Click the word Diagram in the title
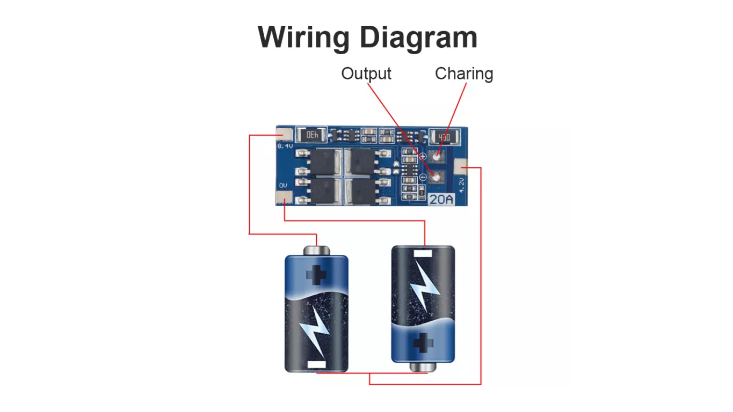[418, 38]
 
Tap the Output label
[366, 73]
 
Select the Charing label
[463, 73]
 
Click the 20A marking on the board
[441, 200]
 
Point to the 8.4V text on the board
[285, 145]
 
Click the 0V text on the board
[283, 185]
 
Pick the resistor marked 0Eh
[313, 135]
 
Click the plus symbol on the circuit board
[423, 156]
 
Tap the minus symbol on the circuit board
[423, 177]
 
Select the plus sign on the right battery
[423, 342]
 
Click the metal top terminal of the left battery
[316, 251]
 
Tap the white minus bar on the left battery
[316, 365]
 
